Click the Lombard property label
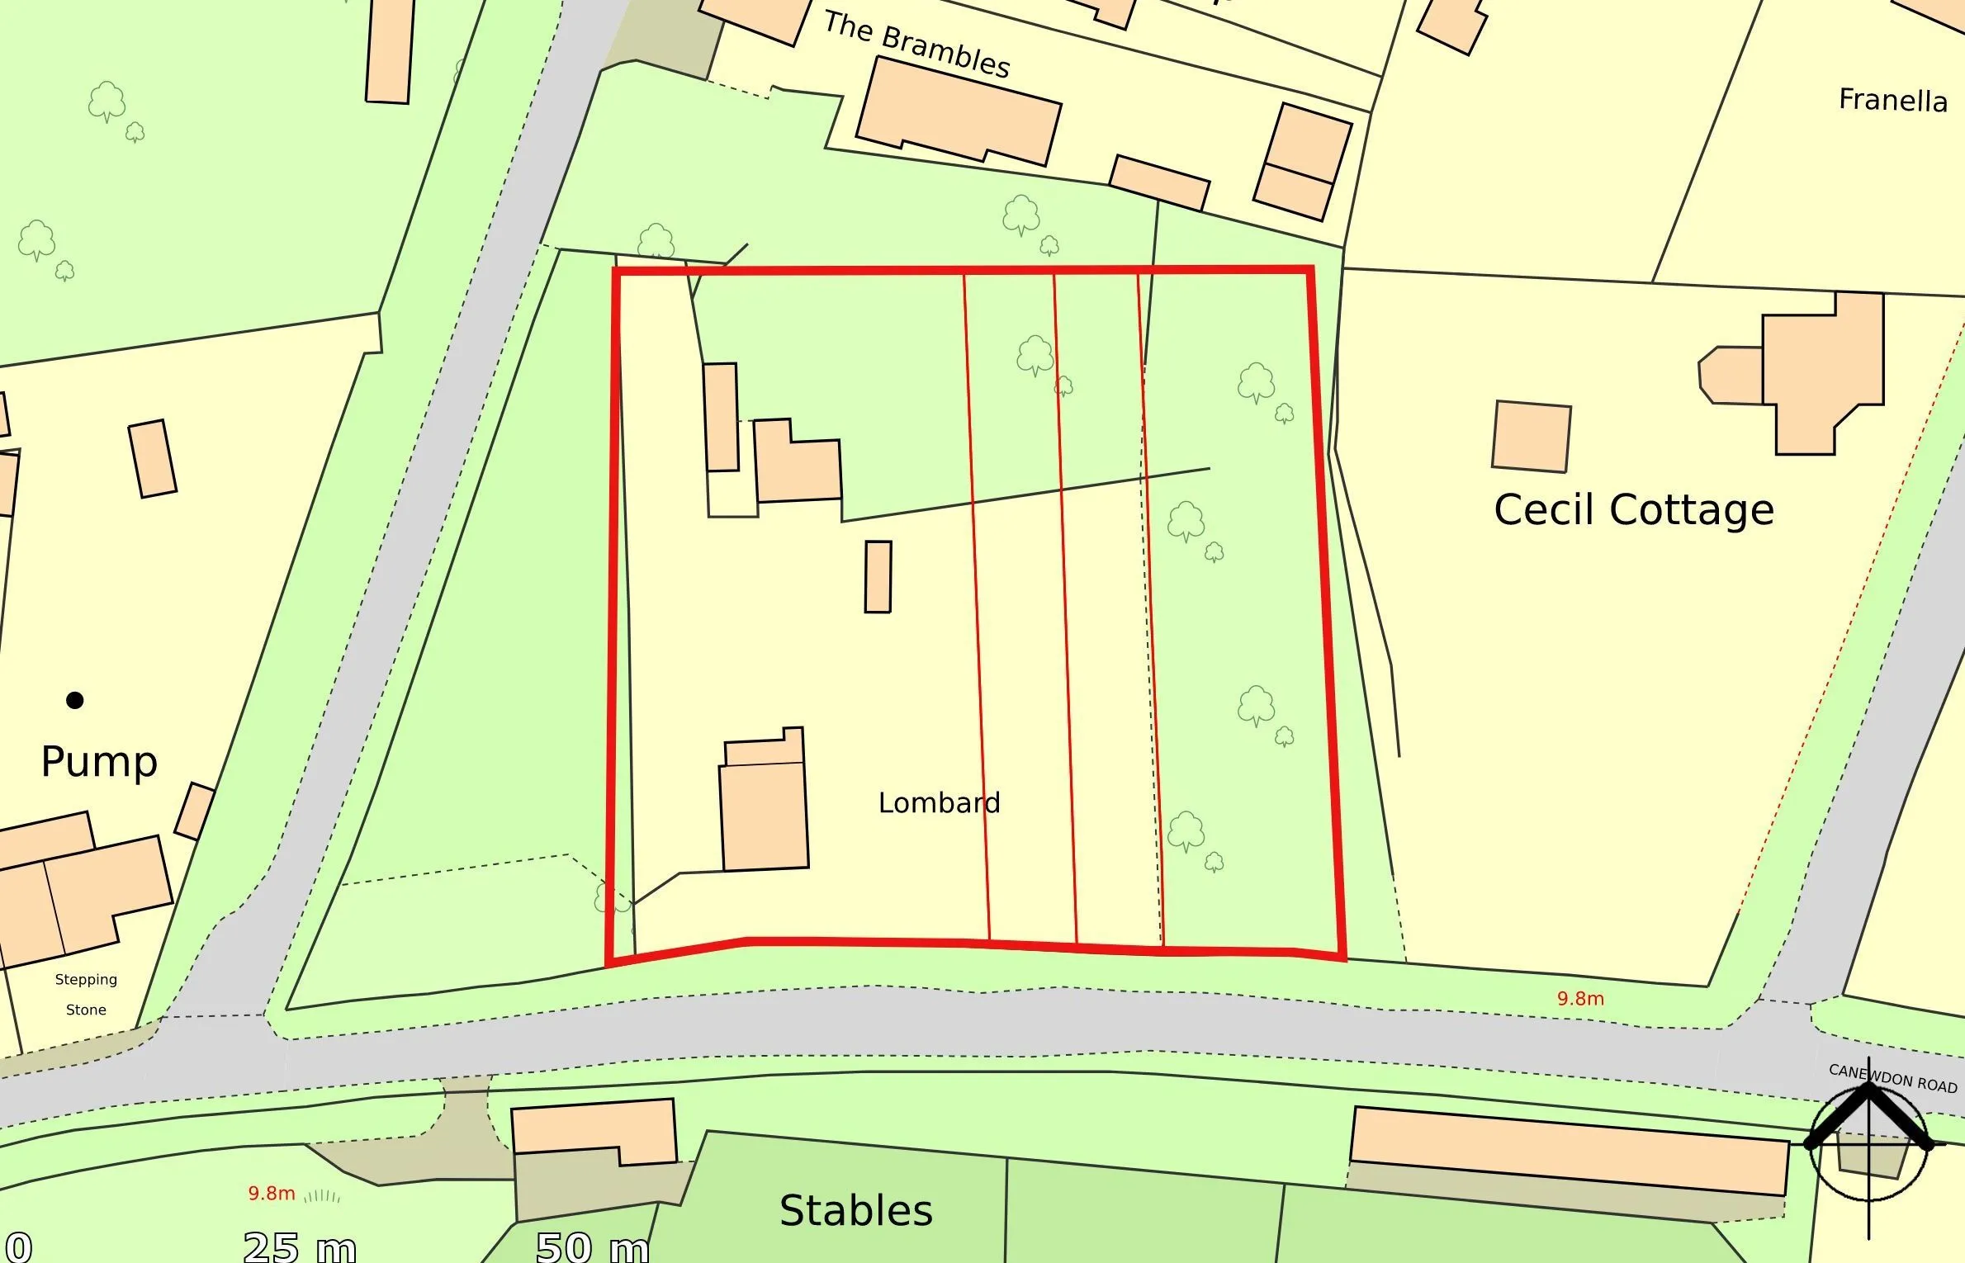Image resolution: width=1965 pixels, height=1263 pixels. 939,802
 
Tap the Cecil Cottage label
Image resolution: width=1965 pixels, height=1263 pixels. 1633,509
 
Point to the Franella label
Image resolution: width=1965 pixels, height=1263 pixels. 1892,100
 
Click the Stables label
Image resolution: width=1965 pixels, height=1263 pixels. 855,1210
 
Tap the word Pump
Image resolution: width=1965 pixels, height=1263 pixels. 98,761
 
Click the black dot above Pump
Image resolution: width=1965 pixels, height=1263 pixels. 74,700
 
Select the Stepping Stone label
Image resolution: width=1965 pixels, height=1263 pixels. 86,994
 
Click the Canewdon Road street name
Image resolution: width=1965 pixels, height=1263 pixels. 1892,1077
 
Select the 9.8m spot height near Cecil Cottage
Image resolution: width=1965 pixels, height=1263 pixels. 1580,998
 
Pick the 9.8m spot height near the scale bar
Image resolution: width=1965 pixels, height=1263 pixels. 272,1193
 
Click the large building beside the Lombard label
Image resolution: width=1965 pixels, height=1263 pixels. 764,813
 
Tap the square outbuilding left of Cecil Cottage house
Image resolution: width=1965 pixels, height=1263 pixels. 1532,437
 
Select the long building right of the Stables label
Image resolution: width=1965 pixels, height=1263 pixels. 1569,1150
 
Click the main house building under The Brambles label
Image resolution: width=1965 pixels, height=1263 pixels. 958,111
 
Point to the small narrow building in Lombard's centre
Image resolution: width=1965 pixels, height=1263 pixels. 878,576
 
